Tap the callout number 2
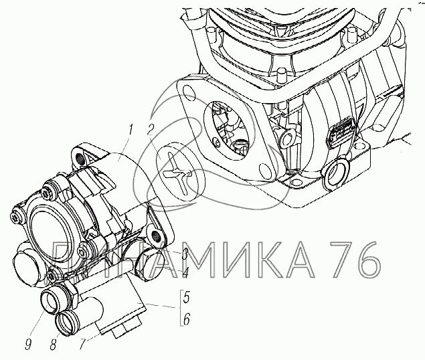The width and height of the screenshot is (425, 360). click(151, 130)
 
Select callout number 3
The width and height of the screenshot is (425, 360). click(185, 254)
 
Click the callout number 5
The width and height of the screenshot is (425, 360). click(187, 297)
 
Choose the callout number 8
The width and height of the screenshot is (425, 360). click(54, 344)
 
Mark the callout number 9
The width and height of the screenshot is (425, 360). click(28, 344)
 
